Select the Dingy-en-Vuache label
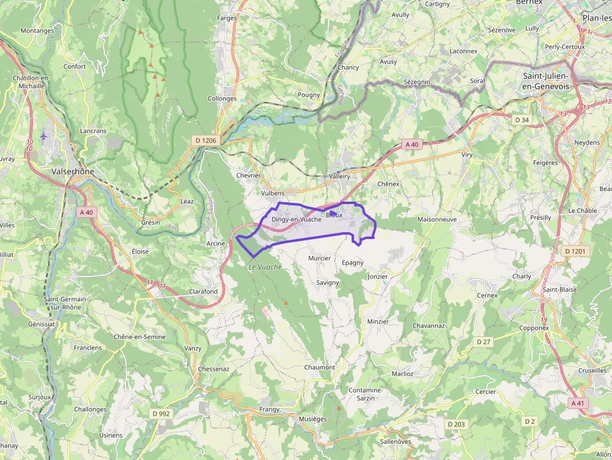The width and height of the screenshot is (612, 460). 297,219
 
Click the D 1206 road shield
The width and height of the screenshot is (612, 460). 205,140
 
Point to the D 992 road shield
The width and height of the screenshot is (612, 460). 160,413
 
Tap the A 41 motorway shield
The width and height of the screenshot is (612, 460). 578,403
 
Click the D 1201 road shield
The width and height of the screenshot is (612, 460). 575,251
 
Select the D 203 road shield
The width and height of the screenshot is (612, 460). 456,424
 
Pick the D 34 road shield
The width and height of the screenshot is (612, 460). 521,120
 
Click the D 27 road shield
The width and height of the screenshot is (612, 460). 483,342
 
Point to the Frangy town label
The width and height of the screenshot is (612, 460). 269,409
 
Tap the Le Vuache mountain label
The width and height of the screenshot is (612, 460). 265,267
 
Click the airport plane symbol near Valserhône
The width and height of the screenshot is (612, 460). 43,135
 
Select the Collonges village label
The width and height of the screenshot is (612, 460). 222,99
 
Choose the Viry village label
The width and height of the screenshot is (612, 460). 466,154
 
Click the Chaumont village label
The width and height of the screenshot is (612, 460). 319,367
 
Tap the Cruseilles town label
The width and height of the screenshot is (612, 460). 592,370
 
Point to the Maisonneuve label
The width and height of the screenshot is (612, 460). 437,220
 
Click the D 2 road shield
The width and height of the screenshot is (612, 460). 530,422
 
